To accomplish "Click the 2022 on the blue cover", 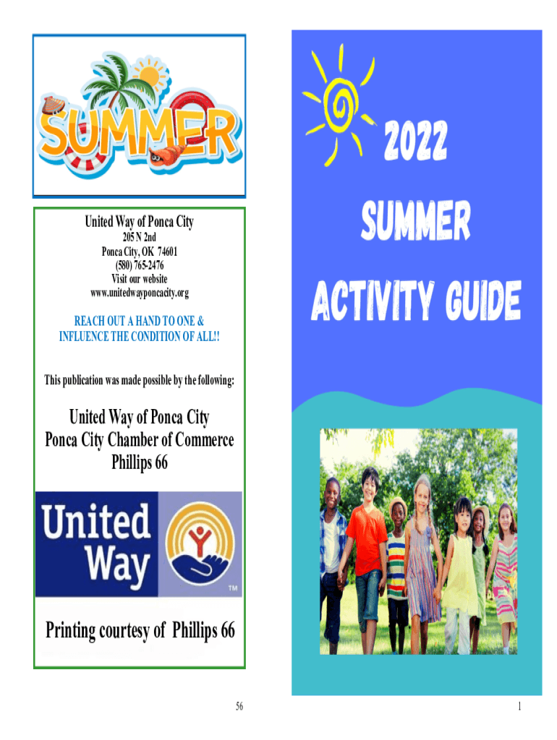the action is click(415, 140).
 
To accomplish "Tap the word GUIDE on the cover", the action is click(482, 301).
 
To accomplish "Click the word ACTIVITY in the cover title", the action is click(373, 301).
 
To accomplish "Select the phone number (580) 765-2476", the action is click(140, 265).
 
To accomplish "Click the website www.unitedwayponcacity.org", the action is click(140, 293).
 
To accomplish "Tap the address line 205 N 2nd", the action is click(140, 237).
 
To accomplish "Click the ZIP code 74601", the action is click(168, 251).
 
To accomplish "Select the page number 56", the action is click(239, 706).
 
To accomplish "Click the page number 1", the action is click(519, 706).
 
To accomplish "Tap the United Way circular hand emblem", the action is click(200, 543).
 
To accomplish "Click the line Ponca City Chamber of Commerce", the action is click(140, 440).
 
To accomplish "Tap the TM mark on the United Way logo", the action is click(233, 588).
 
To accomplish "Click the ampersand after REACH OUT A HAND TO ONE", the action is click(201, 322).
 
